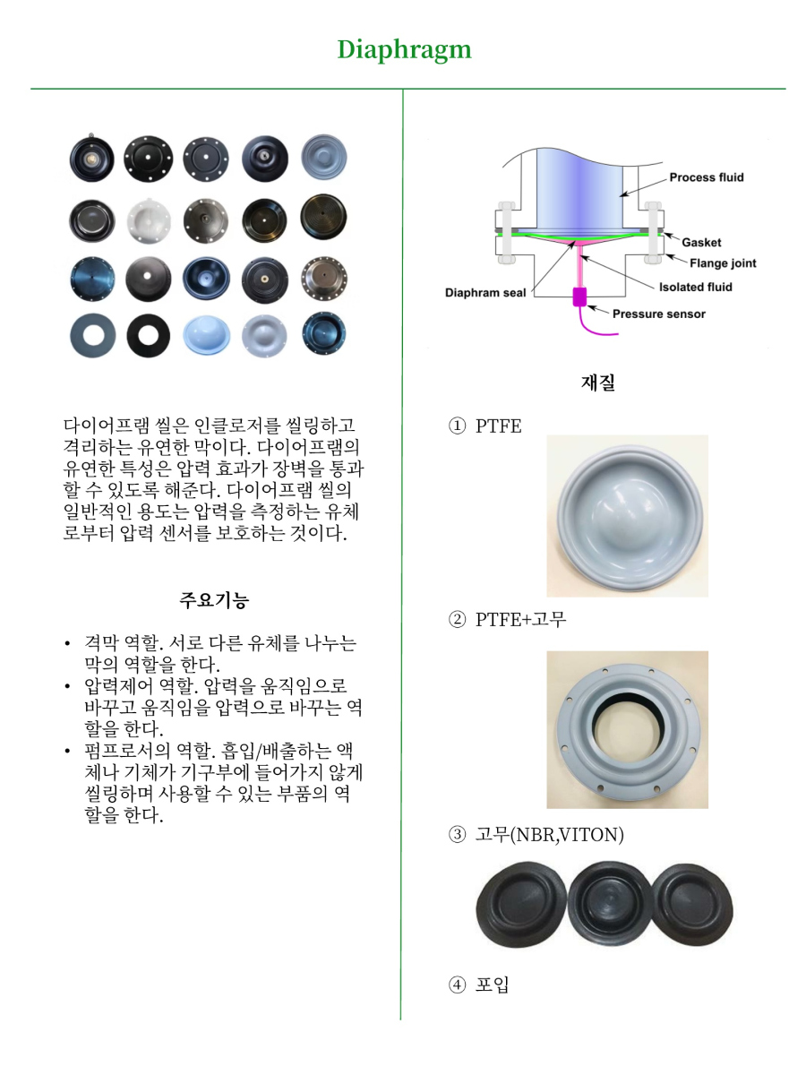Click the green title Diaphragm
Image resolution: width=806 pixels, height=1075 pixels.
pyautogui.click(x=404, y=50)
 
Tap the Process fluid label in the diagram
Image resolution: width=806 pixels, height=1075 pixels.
pyautogui.click(x=707, y=177)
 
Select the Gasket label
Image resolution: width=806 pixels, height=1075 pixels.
pyautogui.click(x=701, y=243)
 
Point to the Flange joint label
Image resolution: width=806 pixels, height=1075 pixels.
pyautogui.click(x=723, y=263)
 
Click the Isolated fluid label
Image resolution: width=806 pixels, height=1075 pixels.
pyautogui.click(x=695, y=287)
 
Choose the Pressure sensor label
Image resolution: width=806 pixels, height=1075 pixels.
pyautogui.click(x=659, y=314)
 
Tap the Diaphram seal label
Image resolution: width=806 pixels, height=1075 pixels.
pyautogui.click(x=485, y=293)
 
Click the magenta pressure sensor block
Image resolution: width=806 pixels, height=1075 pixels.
pyautogui.click(x=579, y=297)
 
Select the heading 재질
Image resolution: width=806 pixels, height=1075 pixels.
pyautogui.click(x=597, y=383)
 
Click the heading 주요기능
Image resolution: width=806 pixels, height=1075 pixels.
pyautogui.click(x=214, y=600)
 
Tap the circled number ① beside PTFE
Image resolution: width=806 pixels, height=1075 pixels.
pyautogui.click(x=457, y=426)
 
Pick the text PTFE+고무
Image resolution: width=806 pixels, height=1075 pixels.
pyautogui.click(x=520, y=620)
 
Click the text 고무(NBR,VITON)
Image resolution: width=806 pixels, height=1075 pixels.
pyautogui.click(x=550, y=835)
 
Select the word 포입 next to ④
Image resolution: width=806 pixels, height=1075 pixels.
pyautogui.click(x=493, y=985)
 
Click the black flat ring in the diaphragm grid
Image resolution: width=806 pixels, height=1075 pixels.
pyautogui.click(x=148, y=336)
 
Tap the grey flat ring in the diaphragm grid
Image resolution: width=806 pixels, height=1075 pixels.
pyautogui.click(x=92, y=336)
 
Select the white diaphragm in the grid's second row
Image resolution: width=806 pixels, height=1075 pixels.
pyautogui.click(x=149, y=221)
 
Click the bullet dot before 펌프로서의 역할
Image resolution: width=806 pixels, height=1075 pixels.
pyautogui.click(x=67, y=752)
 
